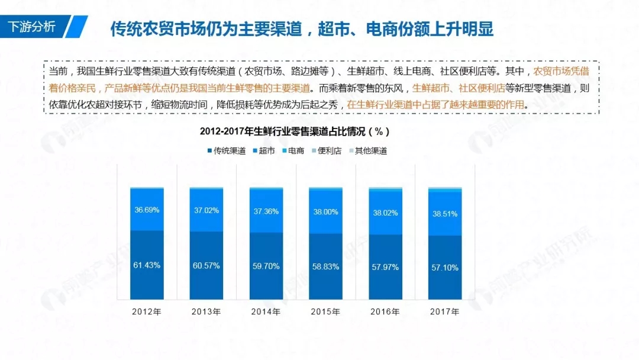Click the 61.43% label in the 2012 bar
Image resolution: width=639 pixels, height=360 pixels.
(x=147, y=265)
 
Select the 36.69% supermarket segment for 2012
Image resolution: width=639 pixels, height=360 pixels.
(x=147, y=210)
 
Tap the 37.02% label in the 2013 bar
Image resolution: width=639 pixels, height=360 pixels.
(x=206, y=210)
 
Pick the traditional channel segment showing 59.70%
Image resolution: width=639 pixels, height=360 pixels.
(x=266, y=266)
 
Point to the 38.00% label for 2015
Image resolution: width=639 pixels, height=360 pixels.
(x=325, y=211)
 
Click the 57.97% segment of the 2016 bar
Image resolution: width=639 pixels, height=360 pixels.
(x=385, y=267)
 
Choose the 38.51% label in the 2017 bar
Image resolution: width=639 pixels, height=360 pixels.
(x=444, y=214)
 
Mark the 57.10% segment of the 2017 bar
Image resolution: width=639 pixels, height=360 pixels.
(x=444, y=268)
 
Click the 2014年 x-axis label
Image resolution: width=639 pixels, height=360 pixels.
(x=266, y=311)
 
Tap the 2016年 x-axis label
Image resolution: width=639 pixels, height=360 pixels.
(x=385, y=311)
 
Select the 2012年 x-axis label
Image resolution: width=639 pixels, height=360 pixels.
(x=147, y=311)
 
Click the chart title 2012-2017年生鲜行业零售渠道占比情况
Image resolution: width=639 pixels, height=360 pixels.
(x=294, y=131)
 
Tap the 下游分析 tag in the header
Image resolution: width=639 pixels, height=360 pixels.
(x=33, y=27)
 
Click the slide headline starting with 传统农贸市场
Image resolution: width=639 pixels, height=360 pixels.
(x=302, y=29)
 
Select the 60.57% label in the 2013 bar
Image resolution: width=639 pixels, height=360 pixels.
(x=206, y=265)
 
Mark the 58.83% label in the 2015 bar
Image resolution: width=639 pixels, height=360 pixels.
(x=325, y=267)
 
